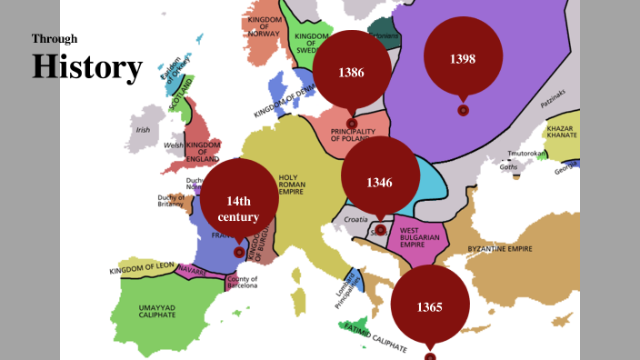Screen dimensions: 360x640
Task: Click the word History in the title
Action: [x=87, y=67]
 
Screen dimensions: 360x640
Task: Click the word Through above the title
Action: [x=55, y=39]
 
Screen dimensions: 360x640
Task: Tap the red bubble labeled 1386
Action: [x=352, y=71]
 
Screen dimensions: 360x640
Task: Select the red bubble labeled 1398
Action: [x=463, y=58]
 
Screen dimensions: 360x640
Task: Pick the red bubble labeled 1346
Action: [x=379, y=182]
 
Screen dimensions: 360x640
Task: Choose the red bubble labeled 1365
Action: [x=429, y=306]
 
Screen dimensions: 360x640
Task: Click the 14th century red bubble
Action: [x=238, y=209]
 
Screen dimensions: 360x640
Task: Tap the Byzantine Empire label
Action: [x=499, y=248]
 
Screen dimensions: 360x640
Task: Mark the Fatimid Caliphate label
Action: [x=378, y=336]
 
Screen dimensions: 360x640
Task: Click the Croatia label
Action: [x=355, y=219]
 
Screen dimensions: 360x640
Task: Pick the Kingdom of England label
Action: [x=203, y=151]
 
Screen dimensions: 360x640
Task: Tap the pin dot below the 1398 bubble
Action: [x=463, y=110]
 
